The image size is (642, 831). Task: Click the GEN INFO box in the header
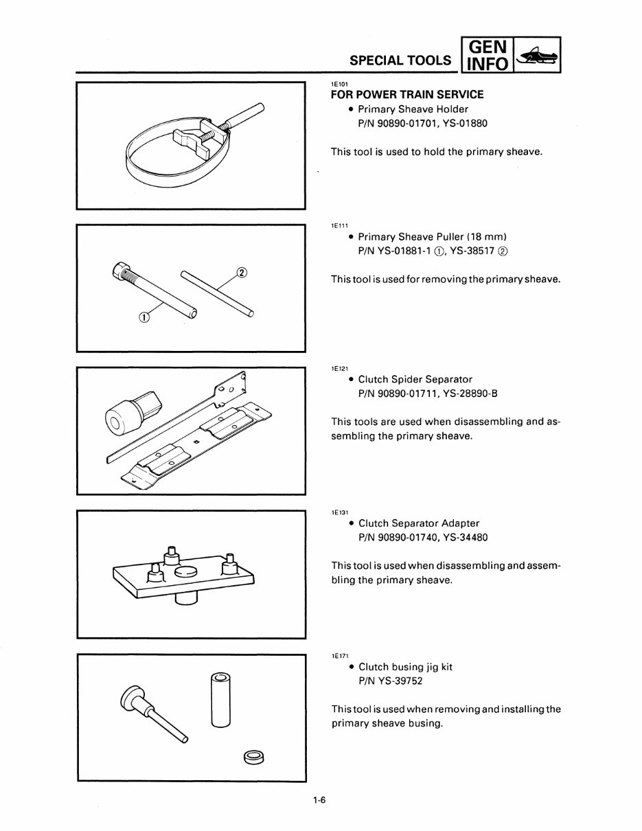pyautogui.click(x=486, y=56)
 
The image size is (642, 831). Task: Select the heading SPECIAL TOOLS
pyautogui.click(x=400, y=60)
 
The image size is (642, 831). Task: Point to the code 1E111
pyautogui.click(x=339, y=225)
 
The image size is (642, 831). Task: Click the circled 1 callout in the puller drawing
pyautogui.click(x=144, y=317)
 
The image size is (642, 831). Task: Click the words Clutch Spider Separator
pyautogui.click(x=415, y=379)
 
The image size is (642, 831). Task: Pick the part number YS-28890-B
pyautogui.click(x=466, y=394)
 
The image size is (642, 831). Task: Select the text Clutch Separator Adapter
pyautogui.click(x=419, y=523)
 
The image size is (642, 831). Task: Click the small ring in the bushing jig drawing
pyautogui.click(x=253, y=758)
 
